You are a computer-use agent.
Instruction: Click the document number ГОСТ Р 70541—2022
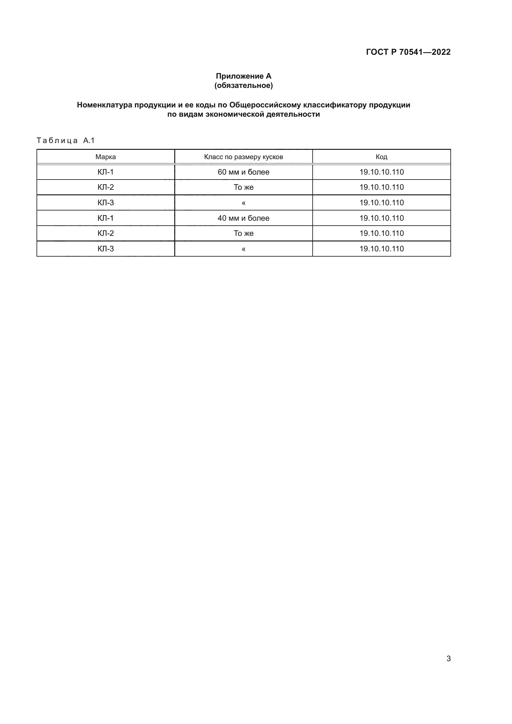[408, 52]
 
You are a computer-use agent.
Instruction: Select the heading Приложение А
[243, 76]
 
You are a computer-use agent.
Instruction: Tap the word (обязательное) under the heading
[243, 85]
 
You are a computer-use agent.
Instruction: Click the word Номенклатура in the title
[104, 105]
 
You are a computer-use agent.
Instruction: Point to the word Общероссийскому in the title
[265, 105]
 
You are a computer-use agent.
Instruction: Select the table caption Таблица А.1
[66, 141]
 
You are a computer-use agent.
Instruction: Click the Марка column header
[106, 157]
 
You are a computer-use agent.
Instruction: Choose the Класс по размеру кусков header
[243, 157]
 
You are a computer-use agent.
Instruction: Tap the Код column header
[381, 157]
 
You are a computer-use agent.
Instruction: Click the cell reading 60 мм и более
[243, 172]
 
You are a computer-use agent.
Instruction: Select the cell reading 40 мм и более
[243, 218]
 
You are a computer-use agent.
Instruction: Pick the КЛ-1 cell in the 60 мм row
[106, 172]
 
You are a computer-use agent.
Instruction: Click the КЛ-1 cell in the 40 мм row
[106, 218]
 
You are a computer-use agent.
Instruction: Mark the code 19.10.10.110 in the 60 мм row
[381, 172]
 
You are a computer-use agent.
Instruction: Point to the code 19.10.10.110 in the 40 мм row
[381, 218]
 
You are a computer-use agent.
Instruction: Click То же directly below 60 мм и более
[243, 187]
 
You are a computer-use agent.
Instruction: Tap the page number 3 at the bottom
[448, 659]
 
